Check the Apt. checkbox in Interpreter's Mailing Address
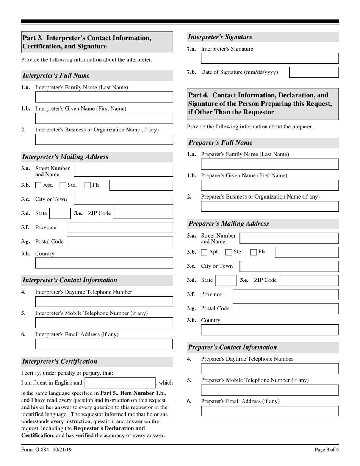tap(38, 185)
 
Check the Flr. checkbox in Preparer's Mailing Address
tap(254, 252)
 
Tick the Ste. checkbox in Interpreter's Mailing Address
tap(63, 185)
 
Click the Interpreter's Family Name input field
tap(104, 97)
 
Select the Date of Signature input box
tap(314, 72)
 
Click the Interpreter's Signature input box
tap(270, 58)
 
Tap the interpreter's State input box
tap(59, 213)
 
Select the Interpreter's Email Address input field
tap(104, 344)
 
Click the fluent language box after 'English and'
tap(120, 383)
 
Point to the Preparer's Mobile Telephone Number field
tap(270, 390)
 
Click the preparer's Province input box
tap(286, 295)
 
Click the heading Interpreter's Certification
tap(60, 361)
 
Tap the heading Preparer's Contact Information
tap(233, 347)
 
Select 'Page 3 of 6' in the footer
tap(326, 450)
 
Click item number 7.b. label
tap(191, 72)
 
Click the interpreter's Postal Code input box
tap(120, 242)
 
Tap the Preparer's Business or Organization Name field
tap(270, 206)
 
